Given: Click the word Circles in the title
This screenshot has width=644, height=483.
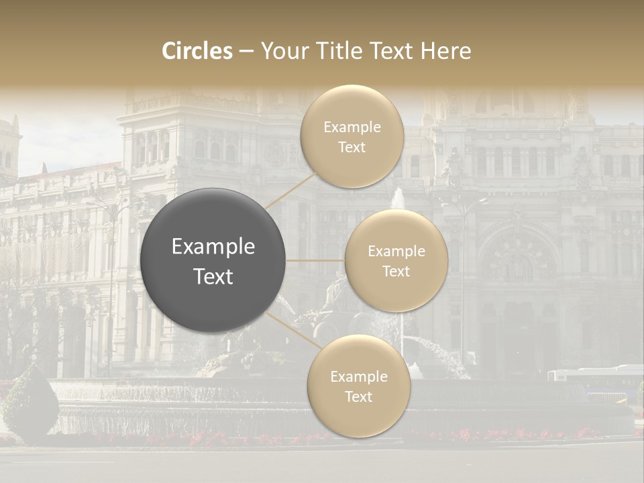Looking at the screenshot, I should pyautogui.click(x=197, y=51).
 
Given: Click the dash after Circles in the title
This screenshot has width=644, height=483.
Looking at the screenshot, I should pyautogui.click(x=246, y=52).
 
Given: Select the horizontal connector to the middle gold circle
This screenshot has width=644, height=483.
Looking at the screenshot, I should pyautogui.click(x=315, y=260).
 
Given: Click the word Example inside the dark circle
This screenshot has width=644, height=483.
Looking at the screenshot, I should pyautogui.click(x=213, y=247).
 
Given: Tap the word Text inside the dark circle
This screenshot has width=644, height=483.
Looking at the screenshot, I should pyautogui.click(x=213, y=276).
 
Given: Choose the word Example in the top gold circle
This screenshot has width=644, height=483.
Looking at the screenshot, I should pyautogui.click(x=352, y=127).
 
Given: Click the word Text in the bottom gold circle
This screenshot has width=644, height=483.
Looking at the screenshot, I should pyautogui.click(x=358, y=397).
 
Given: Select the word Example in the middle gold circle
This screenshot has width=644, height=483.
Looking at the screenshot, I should pyautogui.click(x=396, y=252).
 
